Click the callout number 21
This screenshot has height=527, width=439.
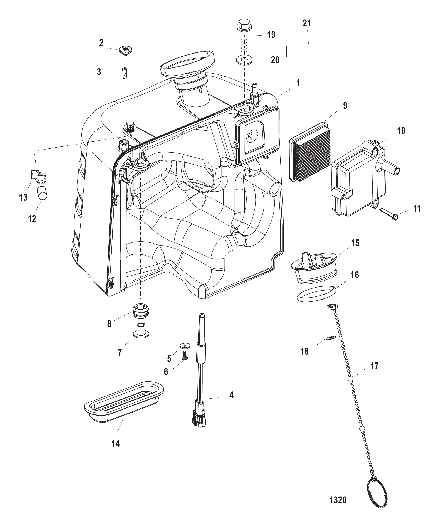click(x=306, y=23)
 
